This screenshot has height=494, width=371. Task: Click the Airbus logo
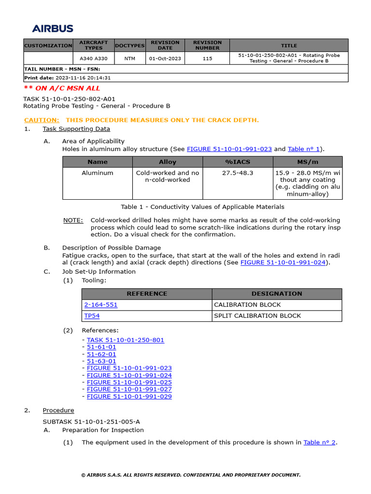point(53,28)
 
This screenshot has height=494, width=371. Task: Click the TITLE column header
point(289,45)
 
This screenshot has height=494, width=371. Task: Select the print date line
point(68,78)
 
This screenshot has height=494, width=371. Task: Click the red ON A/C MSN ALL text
point(62,88)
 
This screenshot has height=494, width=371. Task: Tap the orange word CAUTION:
point(42,120)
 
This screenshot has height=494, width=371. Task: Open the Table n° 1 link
point(303,149)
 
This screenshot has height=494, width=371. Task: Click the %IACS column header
point(237,162)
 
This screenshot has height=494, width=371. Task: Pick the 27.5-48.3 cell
point(237,173)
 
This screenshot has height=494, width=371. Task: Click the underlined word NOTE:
point(73,220)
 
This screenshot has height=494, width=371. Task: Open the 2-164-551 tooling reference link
point(101,305)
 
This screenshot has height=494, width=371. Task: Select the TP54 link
point(92,316)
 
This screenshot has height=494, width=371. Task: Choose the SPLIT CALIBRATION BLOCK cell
point(257,316)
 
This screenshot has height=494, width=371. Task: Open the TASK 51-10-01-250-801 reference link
point(126,340)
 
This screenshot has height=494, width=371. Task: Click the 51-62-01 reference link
point(101,354)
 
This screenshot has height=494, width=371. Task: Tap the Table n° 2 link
point(319,442)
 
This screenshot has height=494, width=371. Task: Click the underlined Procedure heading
point(58,411)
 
